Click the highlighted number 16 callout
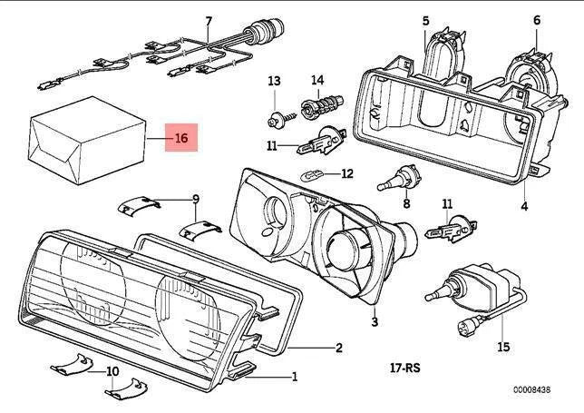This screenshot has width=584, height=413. tap(181, 139)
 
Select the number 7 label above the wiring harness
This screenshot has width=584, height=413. tap(208, 21)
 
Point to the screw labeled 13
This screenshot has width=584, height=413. tap(273, 116)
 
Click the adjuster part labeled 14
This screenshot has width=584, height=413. tap(319, 106)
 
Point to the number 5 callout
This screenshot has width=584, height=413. tap(425, 19)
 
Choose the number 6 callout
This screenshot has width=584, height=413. tap(536, 19)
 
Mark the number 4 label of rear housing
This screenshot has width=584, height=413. tap(524, 206)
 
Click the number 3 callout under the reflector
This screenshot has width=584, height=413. tap(374, 321)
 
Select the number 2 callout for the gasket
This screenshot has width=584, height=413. tap(338, 347)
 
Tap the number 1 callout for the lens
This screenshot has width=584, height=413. tap(293, 375)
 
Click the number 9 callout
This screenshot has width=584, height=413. tap(195, 198)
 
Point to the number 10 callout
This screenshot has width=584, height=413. tap(112, 371)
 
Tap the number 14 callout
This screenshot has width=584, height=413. tap(317, 81)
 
